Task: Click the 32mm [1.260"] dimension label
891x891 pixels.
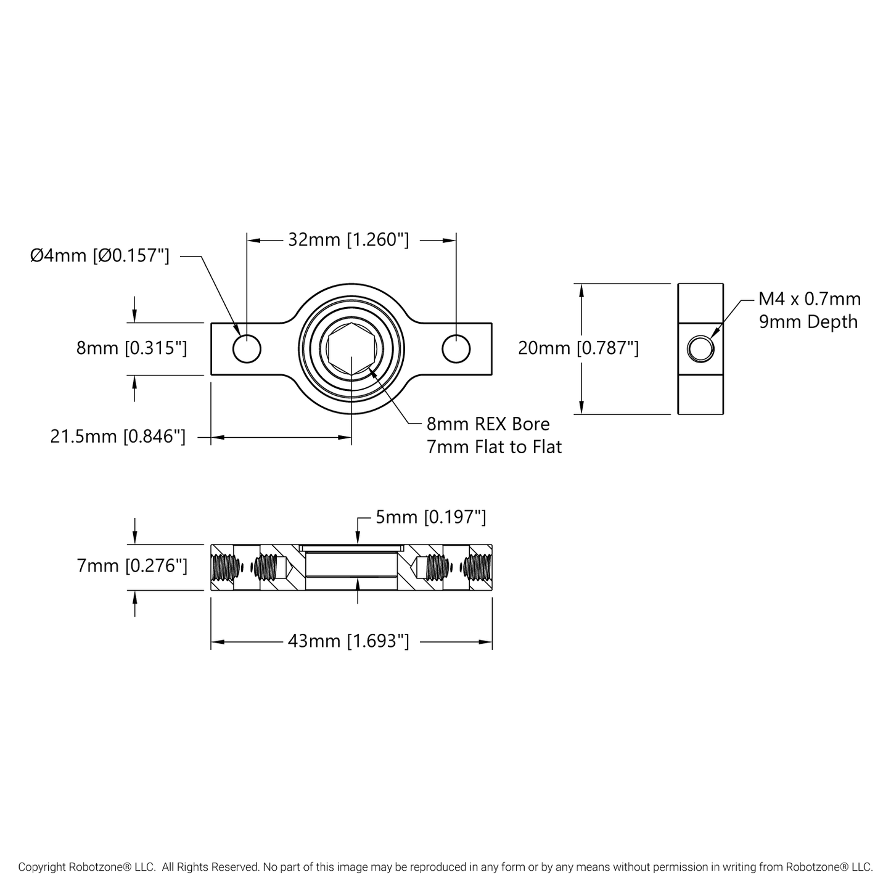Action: (348, 240)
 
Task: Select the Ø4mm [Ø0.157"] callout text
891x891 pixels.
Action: (100, 255)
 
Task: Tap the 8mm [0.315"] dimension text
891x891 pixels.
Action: (132, 348)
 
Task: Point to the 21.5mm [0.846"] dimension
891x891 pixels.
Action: (118, 437)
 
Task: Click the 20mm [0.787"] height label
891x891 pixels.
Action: (578, 348)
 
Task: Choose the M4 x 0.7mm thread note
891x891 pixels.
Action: (810, 299)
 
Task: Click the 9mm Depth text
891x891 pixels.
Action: (808, 322)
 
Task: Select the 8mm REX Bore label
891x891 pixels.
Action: (488, 424)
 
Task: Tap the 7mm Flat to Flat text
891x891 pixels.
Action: (495, 447)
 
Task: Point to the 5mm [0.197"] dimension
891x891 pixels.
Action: (431, 517)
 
